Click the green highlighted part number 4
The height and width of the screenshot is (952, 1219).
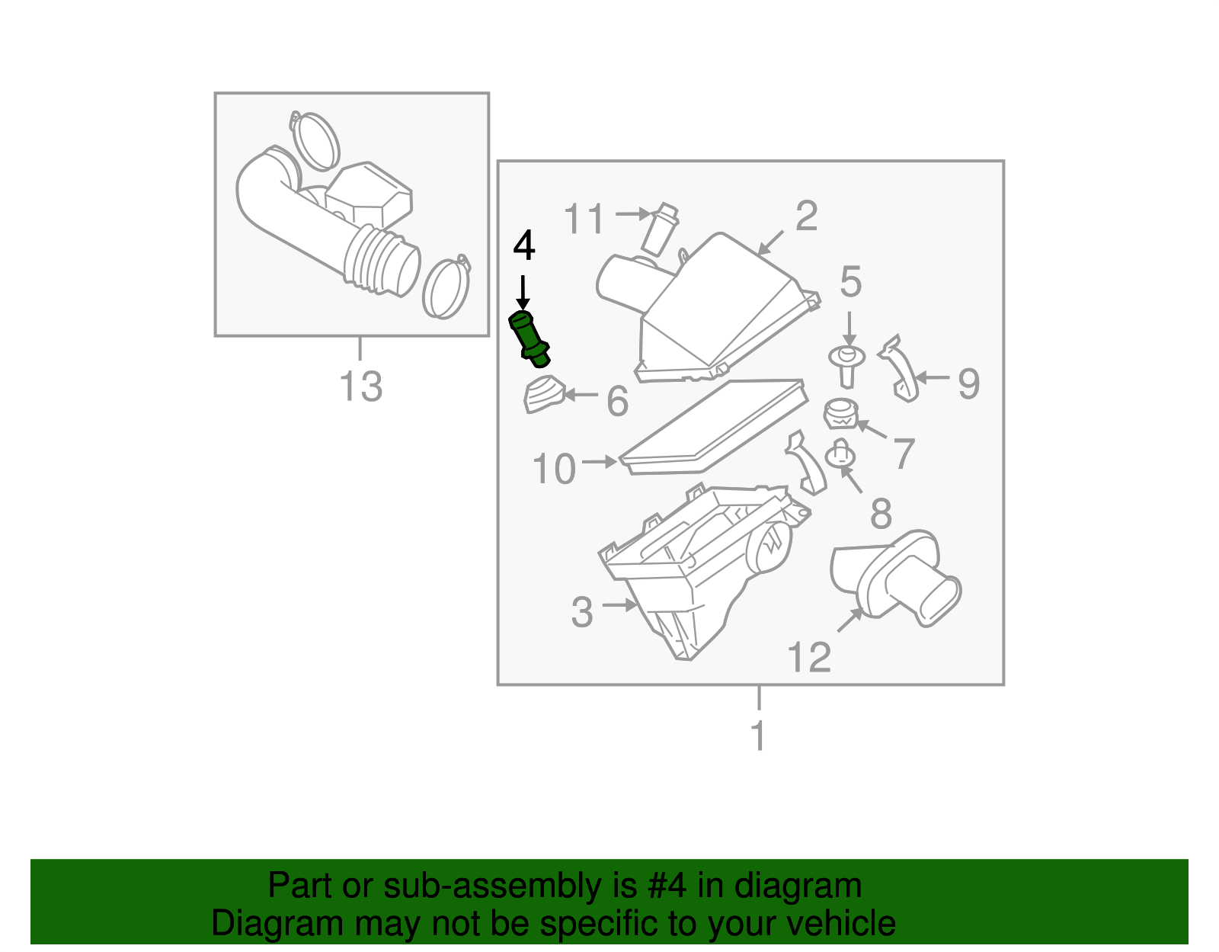click(x=529, y=339)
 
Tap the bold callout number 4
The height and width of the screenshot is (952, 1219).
click(x=524, y=245)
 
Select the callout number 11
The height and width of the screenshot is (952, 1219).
click(x=584, y=218)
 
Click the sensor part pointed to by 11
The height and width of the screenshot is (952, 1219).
click(x=660, y=229)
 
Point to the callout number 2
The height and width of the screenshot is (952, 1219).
click(x=806, y=216)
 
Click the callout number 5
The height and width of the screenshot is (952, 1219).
click(x=850, y=281)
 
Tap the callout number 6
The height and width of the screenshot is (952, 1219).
click(x=618, y=401)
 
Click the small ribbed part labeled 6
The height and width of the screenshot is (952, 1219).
click(x=543, y=393)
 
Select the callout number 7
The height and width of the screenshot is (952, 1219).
click(x=904, y=454)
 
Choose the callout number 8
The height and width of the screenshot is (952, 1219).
click(x=881, y=513)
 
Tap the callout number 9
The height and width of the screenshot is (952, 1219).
click(x=969, y=383)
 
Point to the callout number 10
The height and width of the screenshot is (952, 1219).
click(x=554, y=468)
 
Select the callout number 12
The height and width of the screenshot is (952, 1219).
click(x=809, y=657)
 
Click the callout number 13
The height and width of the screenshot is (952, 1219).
click(x=360, y=386)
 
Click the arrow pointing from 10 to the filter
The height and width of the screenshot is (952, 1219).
click(x=600, y=462)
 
